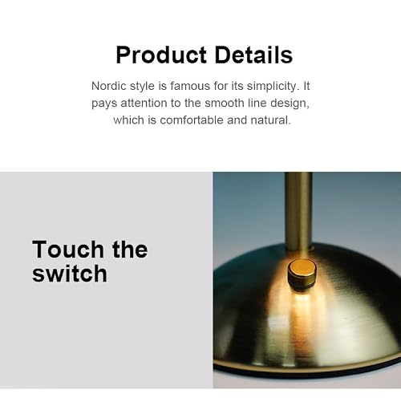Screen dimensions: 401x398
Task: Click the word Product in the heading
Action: pos(161,55)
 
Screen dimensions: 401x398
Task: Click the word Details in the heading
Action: pos(253,55)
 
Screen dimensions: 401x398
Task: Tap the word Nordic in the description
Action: pos(109,86)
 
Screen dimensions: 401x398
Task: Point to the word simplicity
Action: pos(272,87)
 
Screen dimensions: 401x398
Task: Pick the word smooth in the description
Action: pos(224,104)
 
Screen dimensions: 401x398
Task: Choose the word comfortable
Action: pos(192,120)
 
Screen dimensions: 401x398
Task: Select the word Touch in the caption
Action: pos(68,250)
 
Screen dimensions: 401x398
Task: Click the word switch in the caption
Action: pos(70,274)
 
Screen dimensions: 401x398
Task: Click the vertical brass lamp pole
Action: pos(298,211)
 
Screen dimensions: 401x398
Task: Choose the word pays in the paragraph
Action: pos(104,104)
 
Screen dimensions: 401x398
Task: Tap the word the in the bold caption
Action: pos(130,250)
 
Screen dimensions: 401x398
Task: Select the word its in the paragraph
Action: pos(237,86)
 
